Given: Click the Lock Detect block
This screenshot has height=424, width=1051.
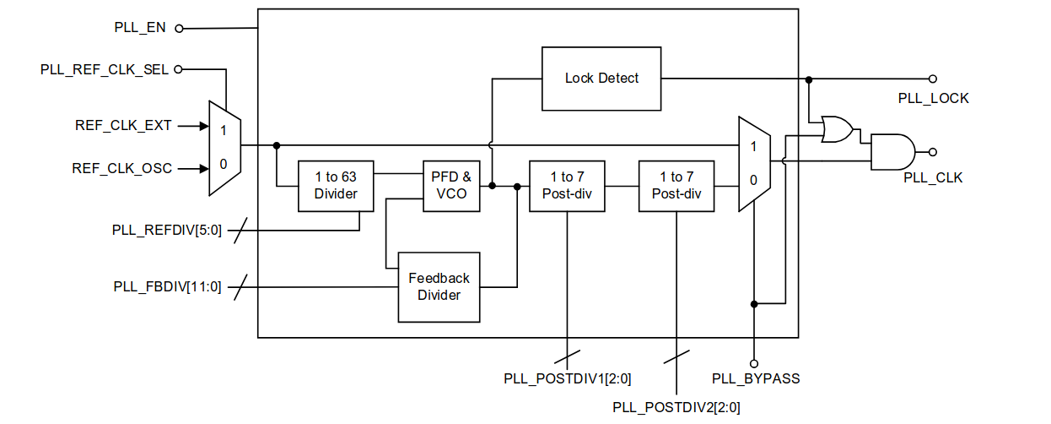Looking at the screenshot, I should (x=601, y=78).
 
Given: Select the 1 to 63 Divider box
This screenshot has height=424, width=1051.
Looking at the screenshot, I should (x=336, y=186).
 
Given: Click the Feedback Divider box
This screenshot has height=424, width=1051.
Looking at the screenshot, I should (x=439, y=286).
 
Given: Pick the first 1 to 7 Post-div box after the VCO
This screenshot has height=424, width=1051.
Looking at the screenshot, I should (x=567, y=186).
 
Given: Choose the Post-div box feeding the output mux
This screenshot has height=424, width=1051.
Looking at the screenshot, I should (x=676, y=186).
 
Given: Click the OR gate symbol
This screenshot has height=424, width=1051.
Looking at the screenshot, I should (x=836, y=128).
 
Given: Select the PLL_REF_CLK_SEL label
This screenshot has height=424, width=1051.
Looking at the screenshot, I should (x=105, y=69).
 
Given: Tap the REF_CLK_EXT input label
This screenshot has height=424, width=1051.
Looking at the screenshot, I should (x=123, y=126).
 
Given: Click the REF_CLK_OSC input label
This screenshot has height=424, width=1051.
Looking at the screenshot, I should (x=122, y=168).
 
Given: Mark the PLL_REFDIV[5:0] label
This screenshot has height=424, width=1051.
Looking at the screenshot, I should (x=167, y=229).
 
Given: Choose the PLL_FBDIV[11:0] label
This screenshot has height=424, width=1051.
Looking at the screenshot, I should (x=167, y=286).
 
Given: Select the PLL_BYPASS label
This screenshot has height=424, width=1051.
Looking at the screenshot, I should (x=756, y=378).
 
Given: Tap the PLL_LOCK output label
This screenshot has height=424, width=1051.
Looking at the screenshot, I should (x=933, y=98).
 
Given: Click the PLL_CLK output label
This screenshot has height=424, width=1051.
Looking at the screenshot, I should (x=933, y=177).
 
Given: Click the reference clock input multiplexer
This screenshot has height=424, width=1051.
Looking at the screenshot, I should (x=224, y=147).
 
